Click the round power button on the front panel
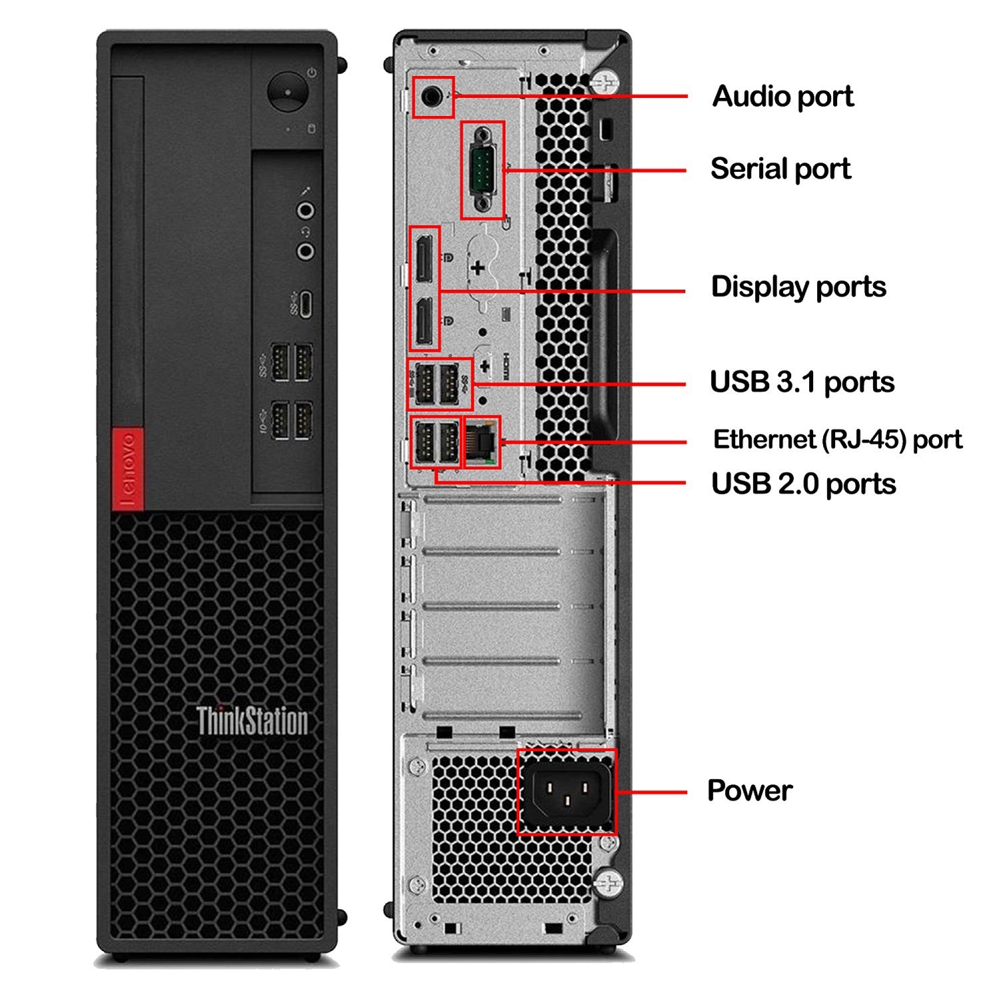[288, 92]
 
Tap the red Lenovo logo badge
[128, 467]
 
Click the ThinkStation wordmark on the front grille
[252, 721]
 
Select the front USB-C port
[305, 304]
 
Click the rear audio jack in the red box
[432, 97]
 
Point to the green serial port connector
[483, 170]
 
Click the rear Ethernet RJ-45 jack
[482, 442]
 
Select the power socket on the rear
[566, 791]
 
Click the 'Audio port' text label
[783, 97]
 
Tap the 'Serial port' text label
[780, 168]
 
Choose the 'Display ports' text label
[798, 287]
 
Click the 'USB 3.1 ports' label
[802, 382]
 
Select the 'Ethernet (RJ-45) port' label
[837, 440]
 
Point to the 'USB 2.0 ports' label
[803, 484]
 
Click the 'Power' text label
[749, 791]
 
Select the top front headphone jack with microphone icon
[306, 211]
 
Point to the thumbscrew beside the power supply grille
[608, 883]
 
